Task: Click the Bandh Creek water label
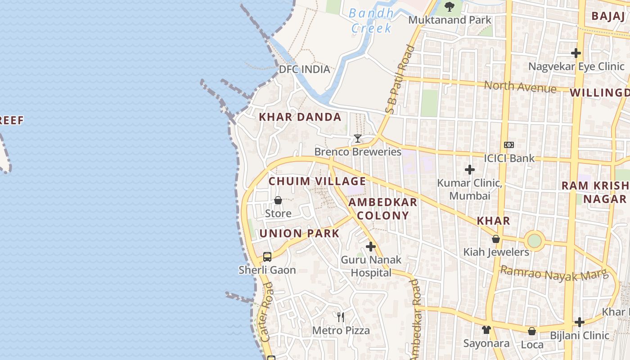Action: [372, 21]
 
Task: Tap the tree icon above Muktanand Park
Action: [449, 6]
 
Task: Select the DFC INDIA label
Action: [305, 69]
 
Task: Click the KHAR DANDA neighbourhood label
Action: [300, 117]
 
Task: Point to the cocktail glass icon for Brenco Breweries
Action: [358, 138]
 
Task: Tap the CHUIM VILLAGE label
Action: [317, 181]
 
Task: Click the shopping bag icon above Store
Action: [278, 200]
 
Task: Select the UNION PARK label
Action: [299, 233]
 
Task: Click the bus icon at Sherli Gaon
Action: [267, 257]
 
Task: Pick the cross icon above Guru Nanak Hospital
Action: [371, 247]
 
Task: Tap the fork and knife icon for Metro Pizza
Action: [341, 317]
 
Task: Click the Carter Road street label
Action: [266, 311]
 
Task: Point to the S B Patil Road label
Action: [398, 79]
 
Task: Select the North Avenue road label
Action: [520, 86]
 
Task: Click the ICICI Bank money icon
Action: [509, 145]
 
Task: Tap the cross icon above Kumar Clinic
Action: [470, 170]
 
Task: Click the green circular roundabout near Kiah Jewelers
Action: [534, 241]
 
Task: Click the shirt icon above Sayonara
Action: [486, 330]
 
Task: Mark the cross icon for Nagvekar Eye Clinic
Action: [576, 53]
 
